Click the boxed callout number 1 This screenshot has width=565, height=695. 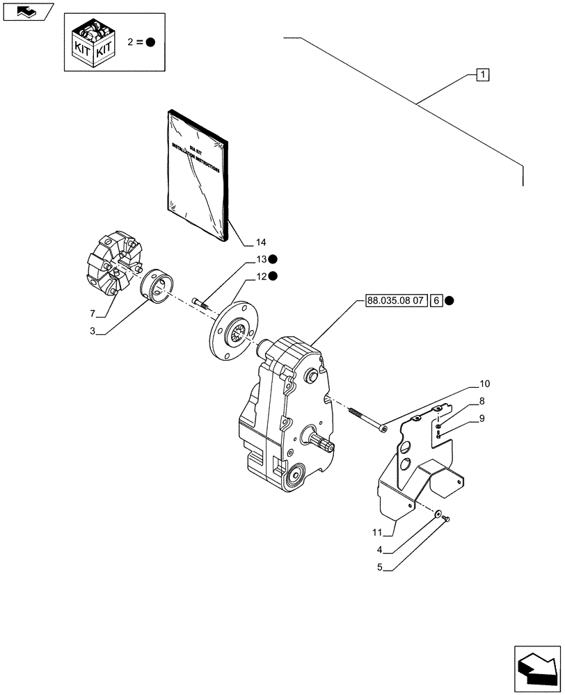click(483, 74)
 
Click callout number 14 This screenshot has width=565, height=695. click(260, 243)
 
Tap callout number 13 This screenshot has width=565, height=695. click(260, 260)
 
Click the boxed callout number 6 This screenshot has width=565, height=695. click(436, 301)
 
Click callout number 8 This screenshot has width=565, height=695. click(481, 402)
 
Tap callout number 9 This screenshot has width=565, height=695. click(481, 418)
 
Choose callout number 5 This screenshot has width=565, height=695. click(381, 566)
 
